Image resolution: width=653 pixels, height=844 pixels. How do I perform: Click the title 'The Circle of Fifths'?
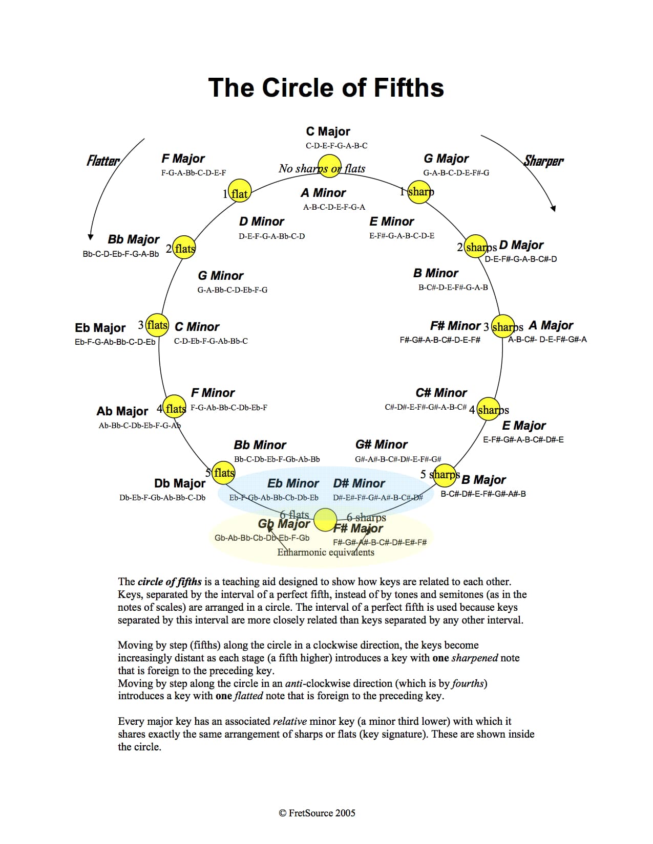point(326,87)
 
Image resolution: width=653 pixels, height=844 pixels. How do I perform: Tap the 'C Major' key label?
point(328,131)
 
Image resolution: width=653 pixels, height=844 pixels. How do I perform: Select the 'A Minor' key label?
point(323,193)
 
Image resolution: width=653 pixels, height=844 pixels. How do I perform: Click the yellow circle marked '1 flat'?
point(240,191)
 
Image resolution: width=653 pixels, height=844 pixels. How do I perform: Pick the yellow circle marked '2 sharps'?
point(476,246)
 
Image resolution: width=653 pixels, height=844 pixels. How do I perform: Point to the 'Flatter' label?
point(103,161)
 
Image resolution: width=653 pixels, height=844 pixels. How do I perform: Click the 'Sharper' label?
point(543,161)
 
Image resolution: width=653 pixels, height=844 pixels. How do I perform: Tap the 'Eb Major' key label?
point(100,328)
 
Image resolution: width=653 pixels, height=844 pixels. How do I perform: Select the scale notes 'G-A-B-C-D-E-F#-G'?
point(456,173)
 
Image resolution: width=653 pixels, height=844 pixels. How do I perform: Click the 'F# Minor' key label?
point(455,325)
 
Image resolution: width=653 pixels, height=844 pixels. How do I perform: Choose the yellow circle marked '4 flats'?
point(174,407)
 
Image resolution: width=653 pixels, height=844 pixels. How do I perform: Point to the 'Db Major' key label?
point(180,483)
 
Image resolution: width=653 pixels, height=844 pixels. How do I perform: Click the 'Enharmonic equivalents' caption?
point(326,552)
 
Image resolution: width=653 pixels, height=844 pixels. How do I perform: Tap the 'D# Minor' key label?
point(359,483)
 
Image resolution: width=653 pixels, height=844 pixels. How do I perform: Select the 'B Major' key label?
point(483,480)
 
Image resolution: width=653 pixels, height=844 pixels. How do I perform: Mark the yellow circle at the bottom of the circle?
point(325,520)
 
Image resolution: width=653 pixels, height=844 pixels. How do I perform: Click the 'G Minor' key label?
point(221,275)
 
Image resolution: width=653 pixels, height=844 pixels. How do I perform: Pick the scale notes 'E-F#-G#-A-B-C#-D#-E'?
point(523,440)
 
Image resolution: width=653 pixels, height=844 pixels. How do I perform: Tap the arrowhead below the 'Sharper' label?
point(553,208)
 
